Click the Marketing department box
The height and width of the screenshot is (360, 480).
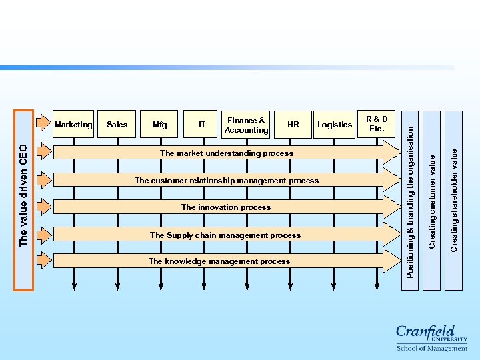(73, 124)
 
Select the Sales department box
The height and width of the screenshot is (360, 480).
(117, 124)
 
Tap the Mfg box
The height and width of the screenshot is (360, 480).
(160, 124)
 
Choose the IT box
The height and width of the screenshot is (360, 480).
(202, 124)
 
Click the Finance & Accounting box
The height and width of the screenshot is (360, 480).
(246, 125)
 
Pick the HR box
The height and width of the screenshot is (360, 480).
(293, 124)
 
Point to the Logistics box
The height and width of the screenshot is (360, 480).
(335, 124)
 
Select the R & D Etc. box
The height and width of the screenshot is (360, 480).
(377, 124)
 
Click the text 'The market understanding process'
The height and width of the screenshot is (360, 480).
(227, 153)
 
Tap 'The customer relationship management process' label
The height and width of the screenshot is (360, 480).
(227, 181)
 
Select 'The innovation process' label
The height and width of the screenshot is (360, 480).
(226, 207)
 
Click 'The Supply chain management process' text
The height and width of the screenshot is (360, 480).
(225, 235)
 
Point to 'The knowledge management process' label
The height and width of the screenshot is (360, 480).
(219, 261)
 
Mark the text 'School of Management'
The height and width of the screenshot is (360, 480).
(432, 348)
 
